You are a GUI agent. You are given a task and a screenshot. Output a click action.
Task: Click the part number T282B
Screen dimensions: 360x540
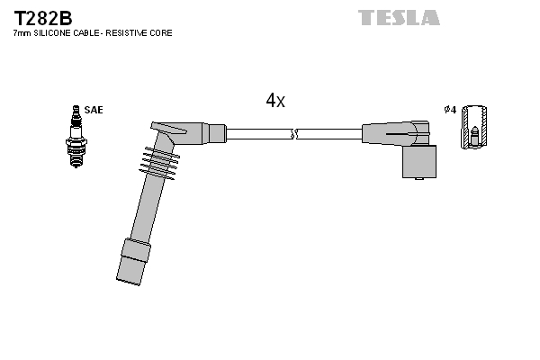click(x=41, y=17)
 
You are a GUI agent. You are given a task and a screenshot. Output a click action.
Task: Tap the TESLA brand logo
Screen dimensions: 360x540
click(x=399, y=17)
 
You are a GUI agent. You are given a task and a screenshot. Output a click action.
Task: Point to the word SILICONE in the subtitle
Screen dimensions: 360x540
click(x=53, y=33)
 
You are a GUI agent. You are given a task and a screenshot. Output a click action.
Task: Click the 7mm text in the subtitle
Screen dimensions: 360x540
click(x=21, y=33)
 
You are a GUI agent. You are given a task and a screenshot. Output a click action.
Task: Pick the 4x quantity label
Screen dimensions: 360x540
click(x=274, y=102)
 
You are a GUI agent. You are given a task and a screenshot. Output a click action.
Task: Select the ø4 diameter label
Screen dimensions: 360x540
click(x=450, y=110)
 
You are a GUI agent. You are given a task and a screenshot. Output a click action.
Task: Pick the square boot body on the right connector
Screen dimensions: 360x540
click(x=419, y=162)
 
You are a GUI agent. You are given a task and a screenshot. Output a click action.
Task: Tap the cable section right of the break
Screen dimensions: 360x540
click(x=328, y=133)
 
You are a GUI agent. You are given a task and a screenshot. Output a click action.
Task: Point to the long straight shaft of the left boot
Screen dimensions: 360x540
click(x=142, y=207)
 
